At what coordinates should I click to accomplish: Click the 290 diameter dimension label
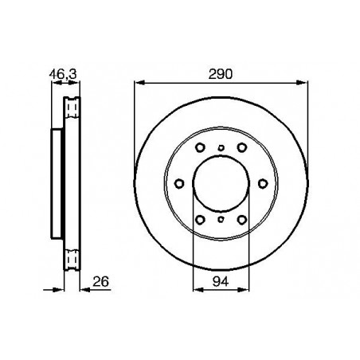click(221, 74)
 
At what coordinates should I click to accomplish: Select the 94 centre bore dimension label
click(221, 281)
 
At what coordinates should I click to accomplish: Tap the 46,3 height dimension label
click(63, 74)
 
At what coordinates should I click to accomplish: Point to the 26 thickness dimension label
click(101, 281)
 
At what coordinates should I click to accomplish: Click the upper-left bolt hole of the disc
click(200, 147)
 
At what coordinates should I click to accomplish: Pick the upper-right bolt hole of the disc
click(242, 147)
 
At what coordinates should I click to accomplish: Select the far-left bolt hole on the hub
click(179, 183)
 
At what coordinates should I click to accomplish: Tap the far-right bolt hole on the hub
click(263, 183)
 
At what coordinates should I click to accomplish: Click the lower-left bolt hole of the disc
click(200, 220)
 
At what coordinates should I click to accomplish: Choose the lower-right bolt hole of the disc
click(242, 220)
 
